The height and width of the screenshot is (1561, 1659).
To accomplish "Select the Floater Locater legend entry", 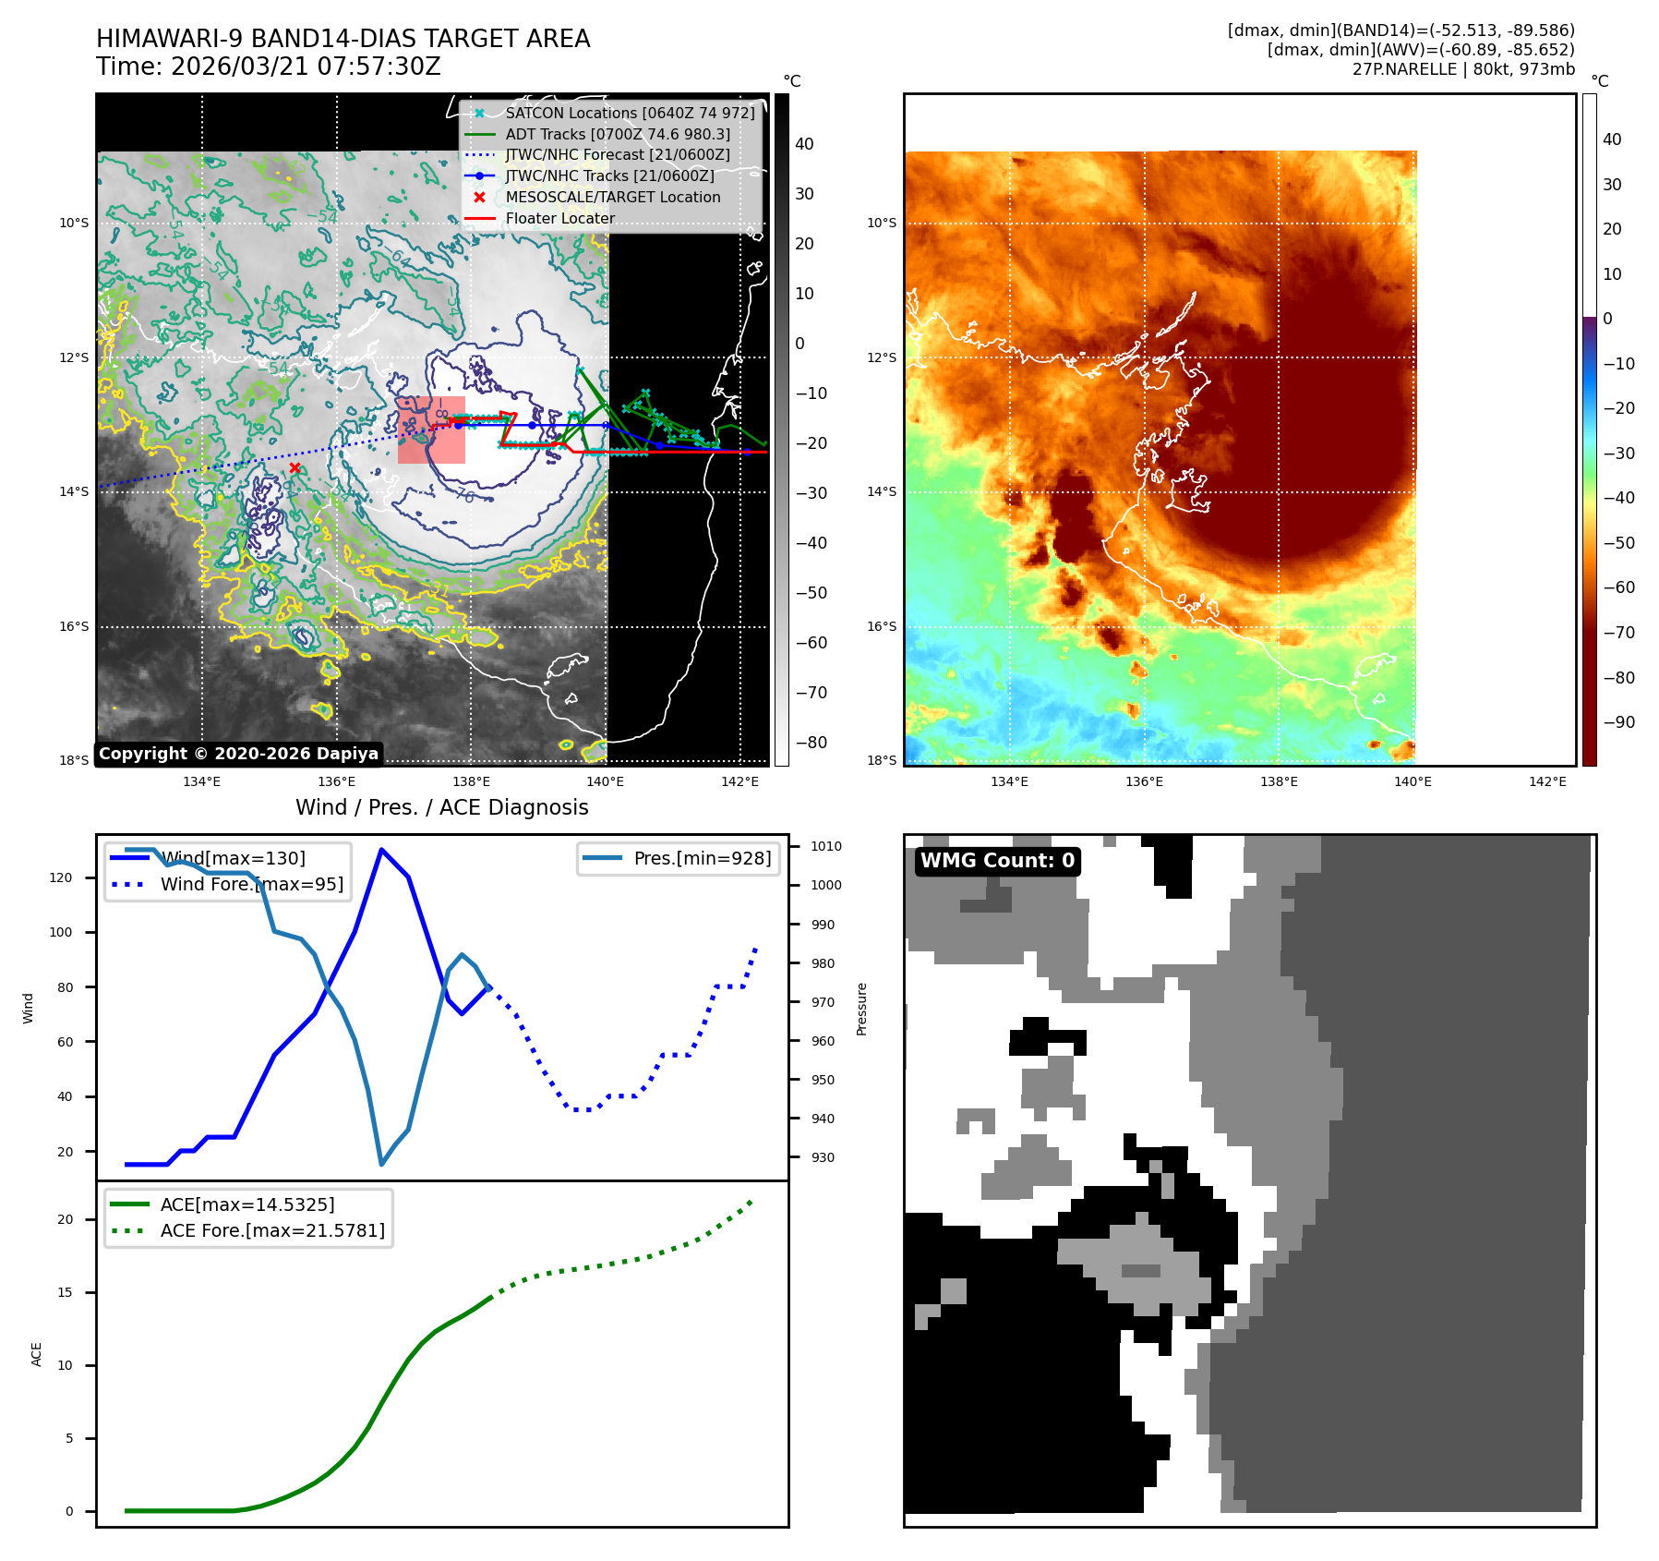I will coord(559,218).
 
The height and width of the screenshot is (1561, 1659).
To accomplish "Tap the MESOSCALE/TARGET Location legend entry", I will coord(612,197).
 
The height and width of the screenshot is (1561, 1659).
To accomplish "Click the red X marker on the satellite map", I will coord(295,468).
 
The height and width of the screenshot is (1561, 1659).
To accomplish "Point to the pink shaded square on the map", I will coord(431,430).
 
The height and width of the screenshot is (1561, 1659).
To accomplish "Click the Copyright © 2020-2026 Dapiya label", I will coord(238,754).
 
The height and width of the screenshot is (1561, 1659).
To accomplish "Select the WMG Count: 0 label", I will coord(997,861).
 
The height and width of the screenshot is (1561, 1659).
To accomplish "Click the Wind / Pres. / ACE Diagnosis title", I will coord(441,807).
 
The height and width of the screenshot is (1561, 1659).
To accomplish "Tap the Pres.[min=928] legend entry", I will coord(702,858).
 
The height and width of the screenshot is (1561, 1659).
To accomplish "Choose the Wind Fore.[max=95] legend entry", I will coord(251,884).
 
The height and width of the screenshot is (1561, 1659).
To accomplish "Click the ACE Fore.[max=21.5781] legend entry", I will coord(272,1230).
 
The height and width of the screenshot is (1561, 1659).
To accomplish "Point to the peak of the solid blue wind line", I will coord(381,850).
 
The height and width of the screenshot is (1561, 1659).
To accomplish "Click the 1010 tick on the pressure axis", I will coord(825,846).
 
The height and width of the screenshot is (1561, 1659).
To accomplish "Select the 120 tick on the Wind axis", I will coord(61,877).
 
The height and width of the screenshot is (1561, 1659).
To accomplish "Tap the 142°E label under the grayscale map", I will coord(739,781).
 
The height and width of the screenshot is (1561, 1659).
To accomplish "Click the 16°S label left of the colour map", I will coord(881,626).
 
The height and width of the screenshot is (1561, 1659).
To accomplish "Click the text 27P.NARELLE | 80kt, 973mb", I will coord(1463,69).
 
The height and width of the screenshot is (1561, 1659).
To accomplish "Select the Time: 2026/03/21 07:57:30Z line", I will coord(269,67).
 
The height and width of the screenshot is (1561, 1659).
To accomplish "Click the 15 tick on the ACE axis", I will coord(65,1292).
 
